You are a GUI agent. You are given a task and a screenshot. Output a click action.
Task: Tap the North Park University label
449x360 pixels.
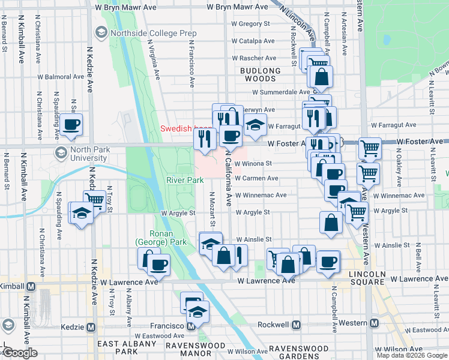click(x=88, y=154)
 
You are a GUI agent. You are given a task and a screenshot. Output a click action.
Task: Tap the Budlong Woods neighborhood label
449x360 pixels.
click(x=260, y=74)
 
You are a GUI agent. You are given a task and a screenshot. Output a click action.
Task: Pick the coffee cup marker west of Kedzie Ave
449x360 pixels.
click(x=71, y=125)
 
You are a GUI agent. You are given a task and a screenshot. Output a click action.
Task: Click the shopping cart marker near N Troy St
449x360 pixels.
click(x=94, y=200)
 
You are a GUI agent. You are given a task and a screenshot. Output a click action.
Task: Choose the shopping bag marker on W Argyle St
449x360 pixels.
click(x=331, y=222)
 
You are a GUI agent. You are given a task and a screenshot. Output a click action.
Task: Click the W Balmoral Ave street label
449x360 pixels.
click(x=61, y=77)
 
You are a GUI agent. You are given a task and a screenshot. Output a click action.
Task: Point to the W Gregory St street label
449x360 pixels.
click(x=250, y=24)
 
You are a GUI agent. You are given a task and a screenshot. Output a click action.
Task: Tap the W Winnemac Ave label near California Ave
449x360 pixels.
click(x=261, y=195)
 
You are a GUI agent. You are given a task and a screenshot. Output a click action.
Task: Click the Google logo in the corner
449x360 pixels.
click(x=19, y=353)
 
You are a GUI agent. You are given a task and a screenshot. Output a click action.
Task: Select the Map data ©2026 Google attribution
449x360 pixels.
click(x=411, y=355)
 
